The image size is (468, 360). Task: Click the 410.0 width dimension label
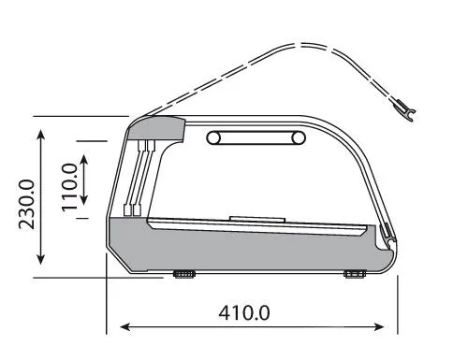pos(244,313)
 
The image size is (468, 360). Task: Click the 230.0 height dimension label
pos(26,205)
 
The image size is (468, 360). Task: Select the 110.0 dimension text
pos(69,187)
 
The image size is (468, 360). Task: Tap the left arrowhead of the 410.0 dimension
pos(124,327)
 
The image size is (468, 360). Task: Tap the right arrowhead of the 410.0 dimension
pos(379,327)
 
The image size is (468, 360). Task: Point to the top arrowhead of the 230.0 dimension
pos(41,136)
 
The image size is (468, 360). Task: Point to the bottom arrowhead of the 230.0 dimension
pos(41,259)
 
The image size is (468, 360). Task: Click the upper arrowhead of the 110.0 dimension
pos(84,160)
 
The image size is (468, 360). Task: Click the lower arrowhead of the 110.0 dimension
pos(84,199)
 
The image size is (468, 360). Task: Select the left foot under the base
pos(184,274)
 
